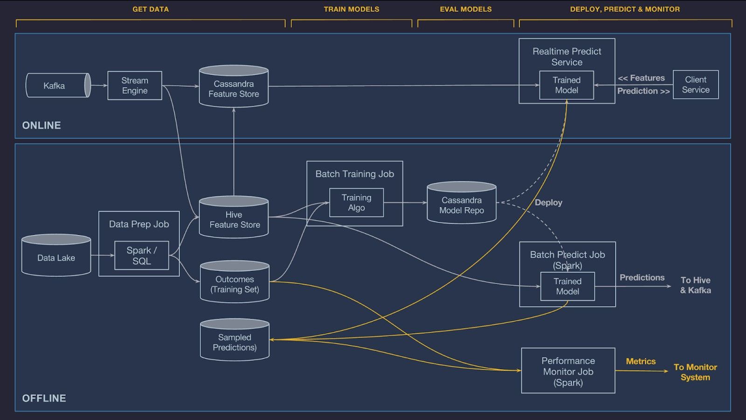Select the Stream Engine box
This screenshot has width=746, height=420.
135,85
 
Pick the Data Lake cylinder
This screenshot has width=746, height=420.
56,256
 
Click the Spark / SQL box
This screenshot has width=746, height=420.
142,255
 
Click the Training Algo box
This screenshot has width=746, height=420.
356,202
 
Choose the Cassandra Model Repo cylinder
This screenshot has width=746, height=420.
462,204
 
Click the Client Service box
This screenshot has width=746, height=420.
696,84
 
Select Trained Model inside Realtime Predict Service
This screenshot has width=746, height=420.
566,85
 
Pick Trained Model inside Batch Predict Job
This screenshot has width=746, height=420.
567,286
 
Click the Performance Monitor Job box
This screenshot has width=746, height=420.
568,371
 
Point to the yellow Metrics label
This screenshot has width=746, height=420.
641,361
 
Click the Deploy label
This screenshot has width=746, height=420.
548,202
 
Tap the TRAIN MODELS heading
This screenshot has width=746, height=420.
352,9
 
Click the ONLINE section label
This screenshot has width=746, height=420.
41,125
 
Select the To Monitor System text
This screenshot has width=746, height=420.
695,372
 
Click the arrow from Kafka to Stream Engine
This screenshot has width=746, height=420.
99,85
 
